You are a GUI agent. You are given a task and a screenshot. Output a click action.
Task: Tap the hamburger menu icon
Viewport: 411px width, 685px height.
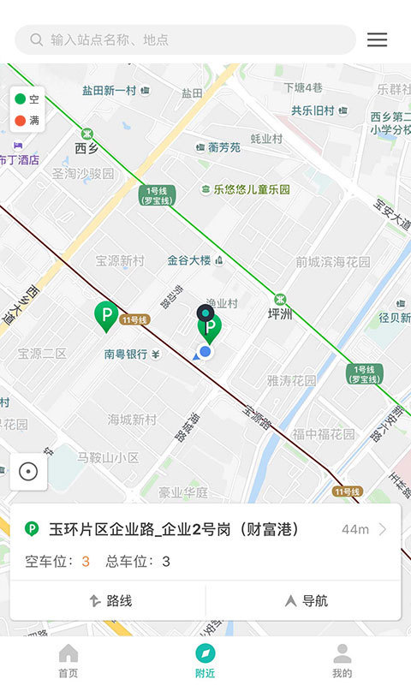[x=377, y=39]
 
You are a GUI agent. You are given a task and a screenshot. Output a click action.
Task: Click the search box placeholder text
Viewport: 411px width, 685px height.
[x=110, y=39]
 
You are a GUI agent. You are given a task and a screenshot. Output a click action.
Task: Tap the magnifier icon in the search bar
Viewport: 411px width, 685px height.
[x=36, y=39]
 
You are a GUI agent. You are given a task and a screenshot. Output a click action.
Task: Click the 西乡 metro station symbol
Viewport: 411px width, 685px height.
[x=86, y=134]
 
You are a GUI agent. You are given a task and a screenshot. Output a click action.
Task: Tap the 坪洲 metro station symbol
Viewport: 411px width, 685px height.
[x=280, y=299]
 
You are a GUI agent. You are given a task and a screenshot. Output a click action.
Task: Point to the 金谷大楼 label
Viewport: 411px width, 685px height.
[x=189, y=260]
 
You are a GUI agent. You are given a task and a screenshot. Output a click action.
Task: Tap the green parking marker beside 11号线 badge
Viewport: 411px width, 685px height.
[x=106, y=317]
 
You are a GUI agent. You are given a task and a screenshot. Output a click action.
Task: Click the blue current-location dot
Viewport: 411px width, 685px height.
[x=205, y=351]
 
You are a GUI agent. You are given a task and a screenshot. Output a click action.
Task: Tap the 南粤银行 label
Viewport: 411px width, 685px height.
[x=127, y=354]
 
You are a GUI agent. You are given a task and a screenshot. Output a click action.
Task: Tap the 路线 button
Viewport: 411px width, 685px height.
[x=110, y=601]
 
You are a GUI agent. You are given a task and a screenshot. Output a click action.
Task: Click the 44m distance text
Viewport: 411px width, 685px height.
[x=354, y=529]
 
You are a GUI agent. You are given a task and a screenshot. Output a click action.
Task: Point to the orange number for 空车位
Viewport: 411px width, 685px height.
[x=86, y=562]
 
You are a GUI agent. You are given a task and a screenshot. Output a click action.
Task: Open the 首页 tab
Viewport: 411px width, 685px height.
[x=68, y=661]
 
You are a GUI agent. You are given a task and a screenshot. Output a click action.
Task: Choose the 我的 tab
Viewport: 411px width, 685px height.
[x=342, y=661]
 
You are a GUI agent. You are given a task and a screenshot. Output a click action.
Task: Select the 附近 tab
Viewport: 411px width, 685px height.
[x=205, y=661]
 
